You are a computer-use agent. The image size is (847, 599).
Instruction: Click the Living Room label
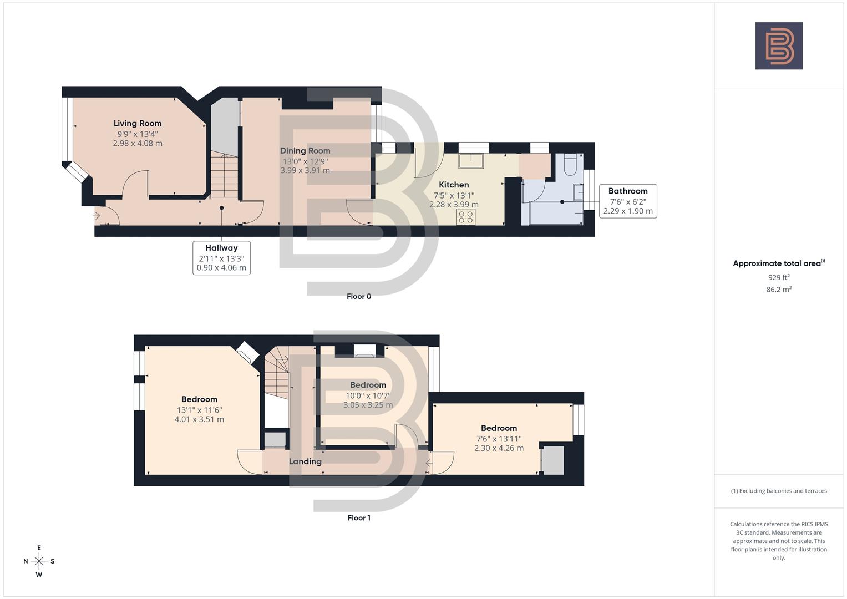tap(138, 123)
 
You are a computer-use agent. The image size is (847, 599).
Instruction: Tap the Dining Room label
tap(305, 150)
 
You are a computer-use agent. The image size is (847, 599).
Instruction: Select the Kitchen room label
tap(454, 185)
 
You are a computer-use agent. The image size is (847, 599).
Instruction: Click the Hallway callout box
tap(221, 257)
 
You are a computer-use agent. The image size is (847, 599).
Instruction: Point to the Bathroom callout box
tap(628, 201)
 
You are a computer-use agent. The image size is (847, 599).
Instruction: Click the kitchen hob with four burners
tap(466, 216)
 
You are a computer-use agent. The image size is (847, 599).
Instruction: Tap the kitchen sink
tap(471, 160)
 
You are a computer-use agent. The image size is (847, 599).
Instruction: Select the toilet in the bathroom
tap(570, 165)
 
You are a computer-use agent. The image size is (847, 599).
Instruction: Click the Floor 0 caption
tap(359, 296)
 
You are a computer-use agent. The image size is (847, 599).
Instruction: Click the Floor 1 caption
tap(359, 517)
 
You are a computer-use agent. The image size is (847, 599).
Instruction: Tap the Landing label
tap(305, 461)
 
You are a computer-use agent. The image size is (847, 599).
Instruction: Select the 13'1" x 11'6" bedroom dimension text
tap(199, 410)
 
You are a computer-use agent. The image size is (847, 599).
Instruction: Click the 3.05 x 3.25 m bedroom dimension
tap(368, 405)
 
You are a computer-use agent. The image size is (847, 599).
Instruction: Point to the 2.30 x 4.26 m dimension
tap(499, 448)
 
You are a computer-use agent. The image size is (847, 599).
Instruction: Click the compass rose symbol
tap(39, 561)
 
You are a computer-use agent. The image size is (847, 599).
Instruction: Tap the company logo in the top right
tap(779, 46)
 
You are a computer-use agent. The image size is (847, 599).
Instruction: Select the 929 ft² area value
tap(779, 277)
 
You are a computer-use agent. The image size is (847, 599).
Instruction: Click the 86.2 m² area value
tap(779, 289)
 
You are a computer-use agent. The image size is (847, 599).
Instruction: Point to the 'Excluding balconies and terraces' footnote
tap(779, 491)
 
